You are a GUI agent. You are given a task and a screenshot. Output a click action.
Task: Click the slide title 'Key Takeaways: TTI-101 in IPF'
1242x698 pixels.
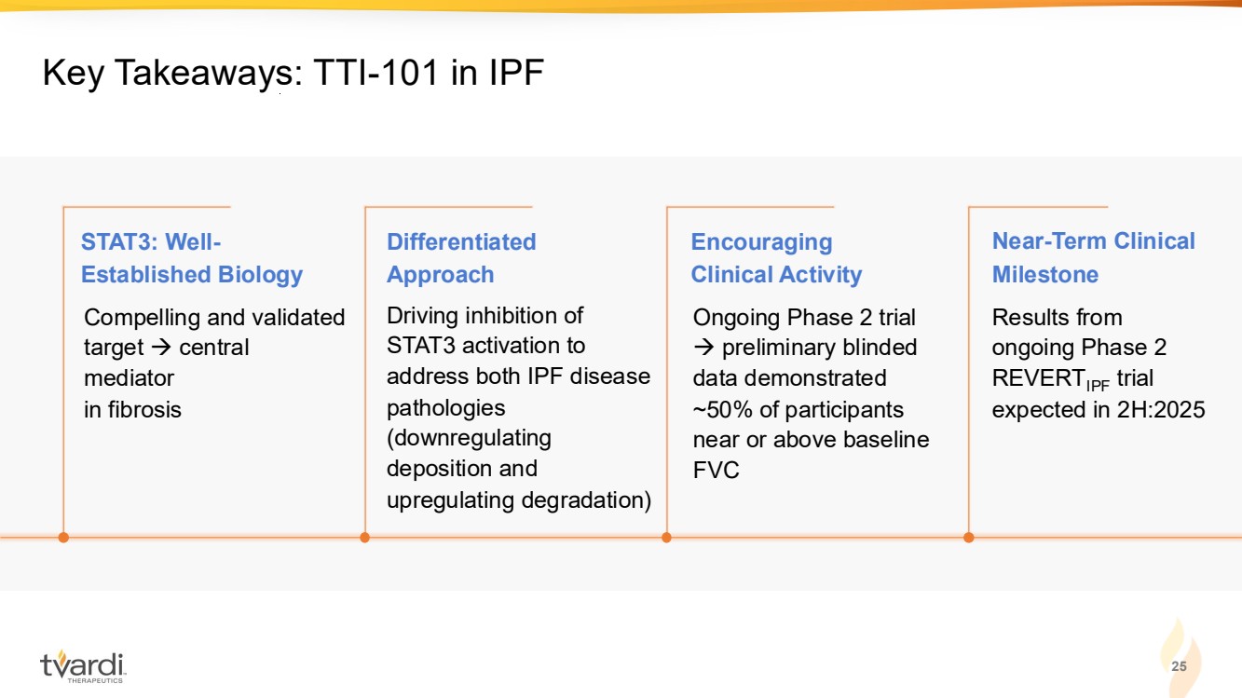coord(293,74)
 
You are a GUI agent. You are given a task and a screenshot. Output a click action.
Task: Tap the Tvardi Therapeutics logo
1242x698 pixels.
coord(83,666)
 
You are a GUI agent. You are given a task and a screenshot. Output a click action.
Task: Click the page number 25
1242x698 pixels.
coord(1179,665)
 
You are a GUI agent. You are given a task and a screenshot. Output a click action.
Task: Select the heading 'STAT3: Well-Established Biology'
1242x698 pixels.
coord(192,258)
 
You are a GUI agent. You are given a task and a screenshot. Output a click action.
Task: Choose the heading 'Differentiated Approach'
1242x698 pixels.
coord(461,258)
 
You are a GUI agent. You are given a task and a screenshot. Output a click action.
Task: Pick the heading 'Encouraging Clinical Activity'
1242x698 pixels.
coord(776,258)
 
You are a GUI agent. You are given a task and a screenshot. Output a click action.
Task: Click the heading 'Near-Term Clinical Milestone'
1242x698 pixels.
coord(1094,257)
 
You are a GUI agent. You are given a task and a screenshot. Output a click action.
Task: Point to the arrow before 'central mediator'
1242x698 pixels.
coord(161,348)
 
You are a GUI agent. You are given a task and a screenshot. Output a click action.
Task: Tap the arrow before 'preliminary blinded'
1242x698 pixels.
coord(703,348)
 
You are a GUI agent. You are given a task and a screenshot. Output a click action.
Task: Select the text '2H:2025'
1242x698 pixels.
coord(1161,410)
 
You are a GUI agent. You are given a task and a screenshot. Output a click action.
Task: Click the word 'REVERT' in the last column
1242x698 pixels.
coord(1037,378)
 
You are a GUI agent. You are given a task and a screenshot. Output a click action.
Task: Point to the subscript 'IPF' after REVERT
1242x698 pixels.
coord(1098,385)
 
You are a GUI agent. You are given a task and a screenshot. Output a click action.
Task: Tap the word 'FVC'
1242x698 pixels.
coord(716,470)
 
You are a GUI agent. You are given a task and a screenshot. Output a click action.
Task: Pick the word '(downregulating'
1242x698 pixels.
coord(469,438)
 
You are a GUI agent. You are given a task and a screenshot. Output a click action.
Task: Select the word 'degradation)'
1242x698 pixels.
coord(586,500)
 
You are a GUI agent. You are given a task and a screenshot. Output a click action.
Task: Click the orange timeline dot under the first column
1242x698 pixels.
coord(63,537)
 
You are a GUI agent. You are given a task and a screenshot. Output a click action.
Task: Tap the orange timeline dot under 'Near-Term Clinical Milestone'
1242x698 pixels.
coord(969,537)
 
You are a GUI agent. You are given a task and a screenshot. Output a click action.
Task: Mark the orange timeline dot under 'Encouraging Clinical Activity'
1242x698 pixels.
coord(666,537)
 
